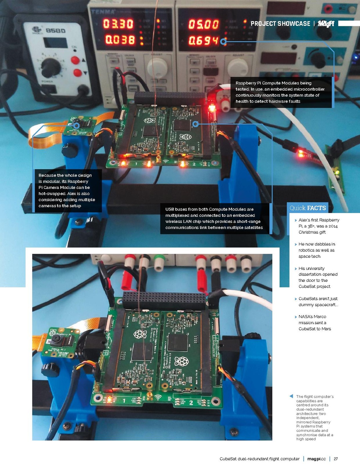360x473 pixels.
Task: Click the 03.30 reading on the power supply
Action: click(118, 24)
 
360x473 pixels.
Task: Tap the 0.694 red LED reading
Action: click(203, 41)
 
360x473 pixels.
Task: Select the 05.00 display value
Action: click(203, 24)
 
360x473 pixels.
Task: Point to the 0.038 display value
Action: click(120, 40)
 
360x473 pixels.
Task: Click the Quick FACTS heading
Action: click(307, 208)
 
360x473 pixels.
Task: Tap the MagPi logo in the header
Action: click(326, 24)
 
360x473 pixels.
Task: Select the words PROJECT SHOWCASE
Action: click(280, 24)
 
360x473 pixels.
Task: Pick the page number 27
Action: click(336, 459)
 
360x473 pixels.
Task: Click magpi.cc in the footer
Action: click(316, 459)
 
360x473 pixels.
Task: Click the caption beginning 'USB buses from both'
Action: click(214, 219)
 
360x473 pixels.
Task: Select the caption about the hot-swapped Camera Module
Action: click(67, 191)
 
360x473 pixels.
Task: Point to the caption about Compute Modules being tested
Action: click(280, 92)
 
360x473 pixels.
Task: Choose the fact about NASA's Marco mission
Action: click(315, 323)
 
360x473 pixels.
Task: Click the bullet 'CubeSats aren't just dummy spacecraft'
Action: click(318, 302)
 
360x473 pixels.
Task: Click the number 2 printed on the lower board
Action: click(191, 402)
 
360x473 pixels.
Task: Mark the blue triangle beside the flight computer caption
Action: click(291, 396)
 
